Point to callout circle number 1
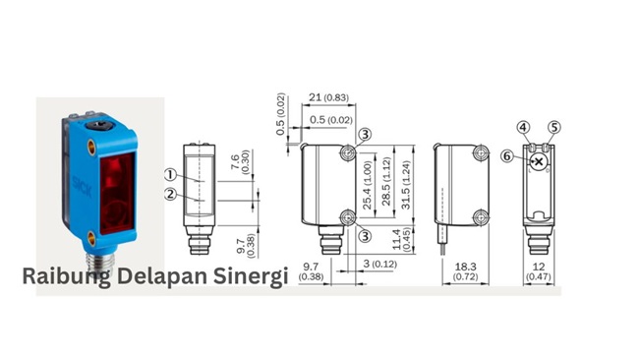(169, 174)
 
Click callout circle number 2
(169, 194)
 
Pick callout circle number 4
(524, 127)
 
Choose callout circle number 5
(553, 127)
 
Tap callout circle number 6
(506, 155)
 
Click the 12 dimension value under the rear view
(537, 266)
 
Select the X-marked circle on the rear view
(538, 161)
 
